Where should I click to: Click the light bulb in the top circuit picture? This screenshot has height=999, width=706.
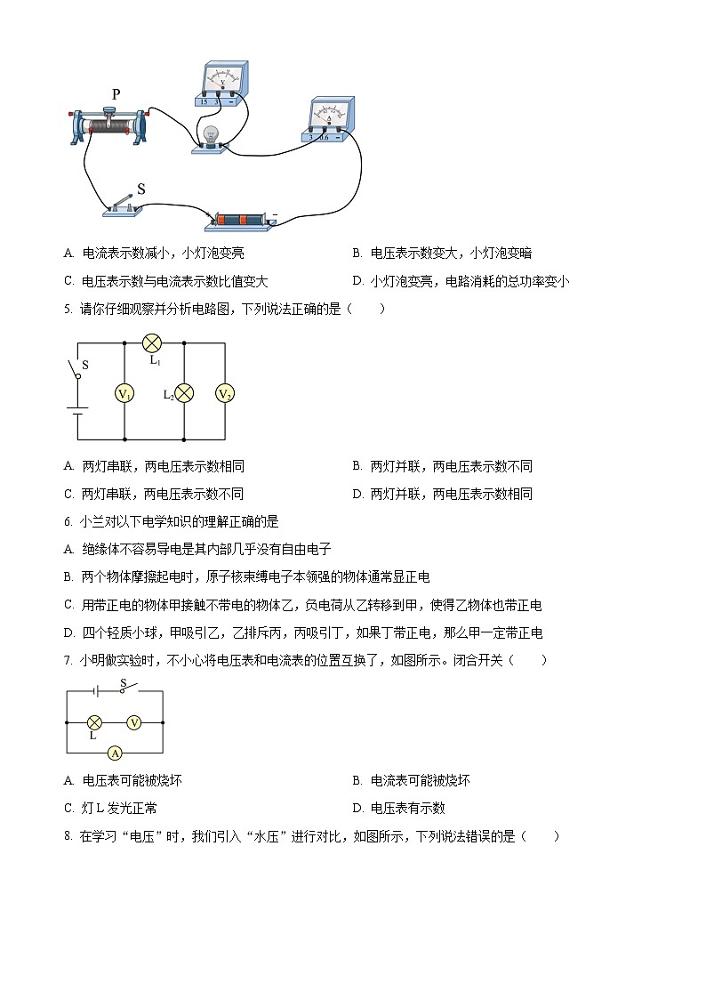[212, 136]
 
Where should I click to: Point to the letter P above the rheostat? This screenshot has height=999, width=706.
[116, 94]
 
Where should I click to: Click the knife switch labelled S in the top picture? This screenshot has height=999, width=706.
[123, 204]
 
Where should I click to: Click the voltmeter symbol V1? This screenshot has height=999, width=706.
[124, 393]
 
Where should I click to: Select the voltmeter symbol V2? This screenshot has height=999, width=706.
[225, 393]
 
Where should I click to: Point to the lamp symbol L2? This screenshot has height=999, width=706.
[183, 393]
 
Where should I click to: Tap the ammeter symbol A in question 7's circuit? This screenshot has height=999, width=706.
[115, 753]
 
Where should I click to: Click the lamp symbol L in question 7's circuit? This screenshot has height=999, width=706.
[95, 723]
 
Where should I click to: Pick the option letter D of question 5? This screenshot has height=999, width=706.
[357, 494]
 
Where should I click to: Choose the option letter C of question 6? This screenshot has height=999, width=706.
[68, 605]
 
